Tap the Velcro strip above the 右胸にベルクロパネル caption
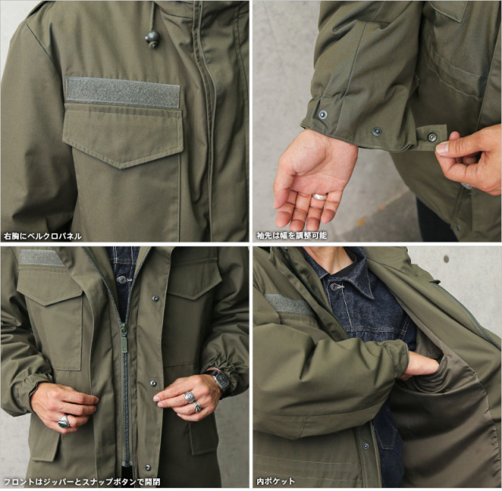point(122,93)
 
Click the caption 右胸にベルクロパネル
point(42,237)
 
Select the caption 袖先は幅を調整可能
point(292,236)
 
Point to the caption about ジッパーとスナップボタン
point(82,482)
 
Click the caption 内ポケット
point(275,481)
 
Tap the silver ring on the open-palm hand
point(320,197)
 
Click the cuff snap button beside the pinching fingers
point(432,136)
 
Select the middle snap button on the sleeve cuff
point(376,131)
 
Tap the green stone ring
point(64,421)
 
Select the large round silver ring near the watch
point(190,398)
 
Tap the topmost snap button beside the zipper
point(155,298)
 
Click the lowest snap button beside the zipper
point(147,467)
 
